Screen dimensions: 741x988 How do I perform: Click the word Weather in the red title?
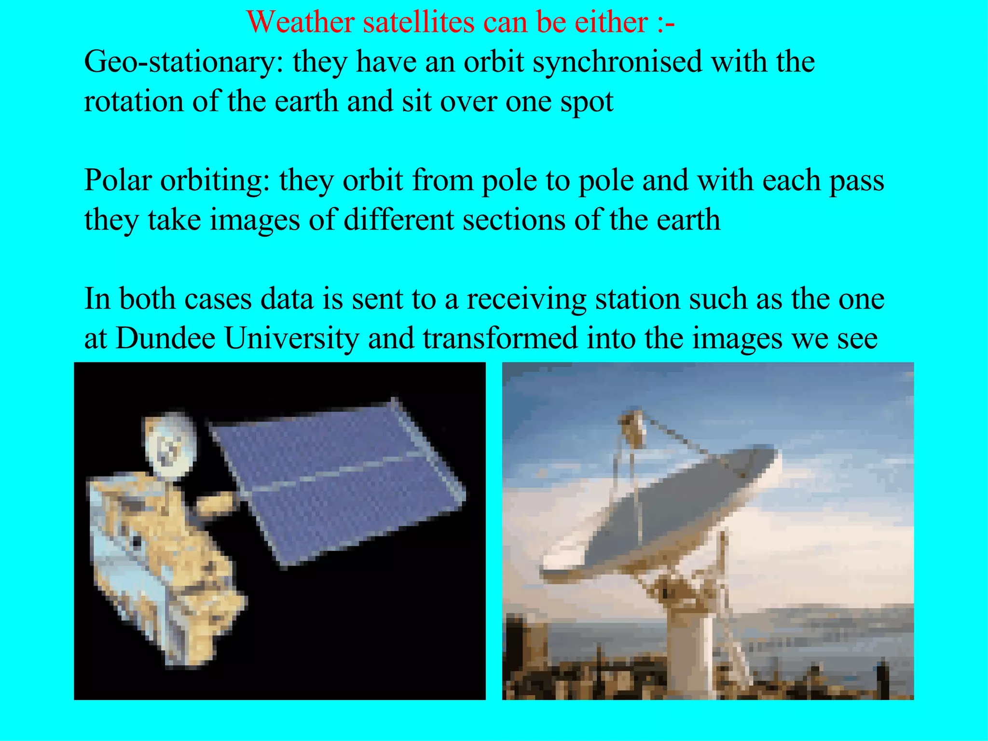(x=301, y=22)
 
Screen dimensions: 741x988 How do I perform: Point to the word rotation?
(x=133, y=102)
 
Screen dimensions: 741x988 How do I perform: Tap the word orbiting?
(x=215, y=181)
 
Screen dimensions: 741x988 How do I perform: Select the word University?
(x=292, y=339)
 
